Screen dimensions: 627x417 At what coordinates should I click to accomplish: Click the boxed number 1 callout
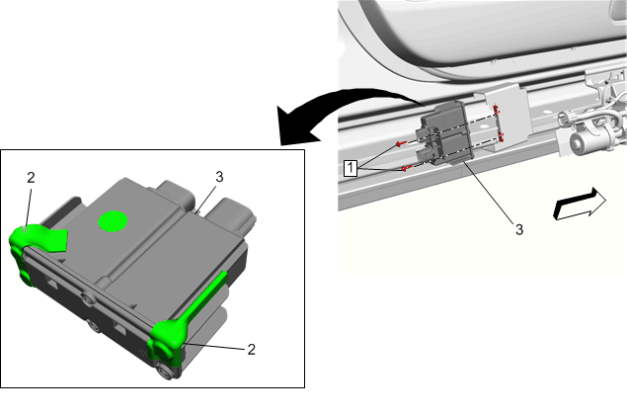351,168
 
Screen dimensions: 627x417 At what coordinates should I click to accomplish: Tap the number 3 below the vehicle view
519,229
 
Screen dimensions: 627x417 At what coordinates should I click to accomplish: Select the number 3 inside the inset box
219,177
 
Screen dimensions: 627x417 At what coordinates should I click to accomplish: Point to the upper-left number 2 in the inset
32,178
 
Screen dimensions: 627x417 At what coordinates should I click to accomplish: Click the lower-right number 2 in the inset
251,350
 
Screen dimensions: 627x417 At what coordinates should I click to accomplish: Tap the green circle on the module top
114,221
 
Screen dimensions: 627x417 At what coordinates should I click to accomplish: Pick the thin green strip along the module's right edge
206,294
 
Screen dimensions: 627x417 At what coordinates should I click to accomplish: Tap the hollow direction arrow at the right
580,204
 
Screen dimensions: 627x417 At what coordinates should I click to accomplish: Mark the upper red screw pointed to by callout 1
401,143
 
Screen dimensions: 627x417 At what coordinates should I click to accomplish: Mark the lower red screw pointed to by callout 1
407,169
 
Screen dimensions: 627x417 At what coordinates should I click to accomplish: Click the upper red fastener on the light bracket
497,110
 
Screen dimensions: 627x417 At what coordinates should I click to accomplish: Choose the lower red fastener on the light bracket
501,137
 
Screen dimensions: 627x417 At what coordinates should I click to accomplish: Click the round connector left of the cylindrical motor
564,119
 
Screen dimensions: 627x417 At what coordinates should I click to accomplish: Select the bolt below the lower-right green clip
164,373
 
